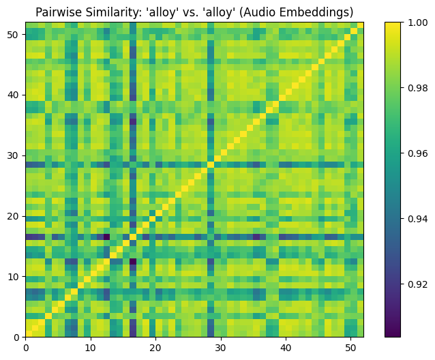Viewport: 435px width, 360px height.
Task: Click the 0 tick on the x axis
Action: pos(25,347)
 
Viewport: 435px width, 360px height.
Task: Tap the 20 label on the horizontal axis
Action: pos(155,347)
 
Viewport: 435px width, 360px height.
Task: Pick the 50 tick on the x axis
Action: pos(350,347)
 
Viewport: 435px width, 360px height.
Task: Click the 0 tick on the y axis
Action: pos(16,337)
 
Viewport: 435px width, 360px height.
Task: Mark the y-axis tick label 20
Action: pos(14,216)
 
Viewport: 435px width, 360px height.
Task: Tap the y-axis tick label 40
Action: pos(14,95)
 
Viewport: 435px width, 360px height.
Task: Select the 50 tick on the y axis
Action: pos(14,34)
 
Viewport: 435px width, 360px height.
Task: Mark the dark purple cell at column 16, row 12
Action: pos(133,261)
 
